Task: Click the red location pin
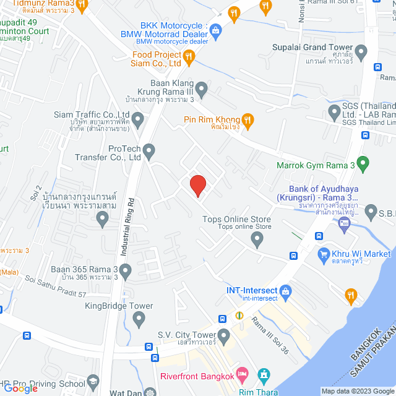pos(197,185)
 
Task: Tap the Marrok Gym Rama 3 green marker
pos(363,165)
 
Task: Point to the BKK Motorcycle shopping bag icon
pos(215,29)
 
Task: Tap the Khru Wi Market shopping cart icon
pos(322,254)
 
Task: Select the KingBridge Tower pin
pos(139,320)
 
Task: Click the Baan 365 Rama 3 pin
pos(126,270)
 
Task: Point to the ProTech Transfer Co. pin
pos(148,150)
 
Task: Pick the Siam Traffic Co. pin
pos(138,118)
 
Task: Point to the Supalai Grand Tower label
pos(312,48)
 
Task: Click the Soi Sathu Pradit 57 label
pos(56,286)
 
